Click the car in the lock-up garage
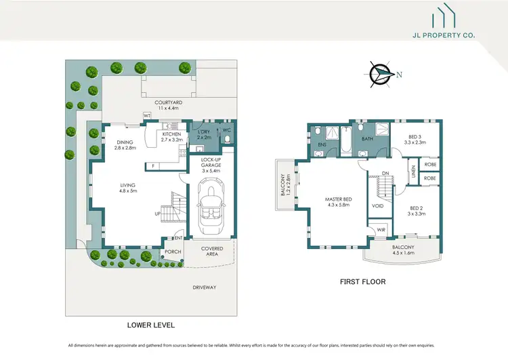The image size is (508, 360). coord(210,205)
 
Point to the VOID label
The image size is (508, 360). coord(379,205)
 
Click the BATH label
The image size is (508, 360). coord(367,139)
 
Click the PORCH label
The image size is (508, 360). coord(173,252)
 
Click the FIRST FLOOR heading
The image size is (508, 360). coord(362,281)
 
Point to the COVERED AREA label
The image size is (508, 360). coord(212,252)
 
